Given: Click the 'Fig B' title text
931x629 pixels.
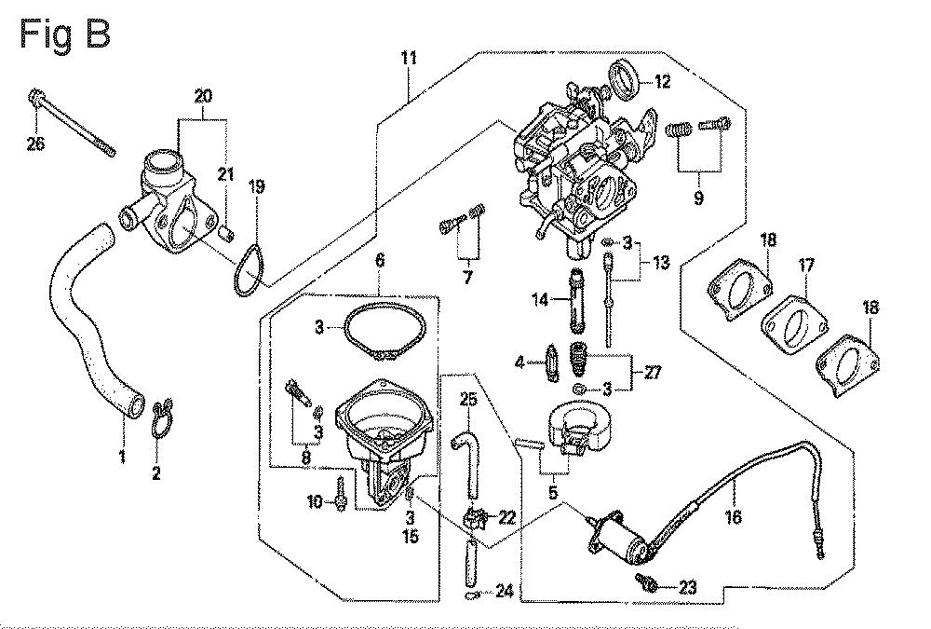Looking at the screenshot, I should point(65,34).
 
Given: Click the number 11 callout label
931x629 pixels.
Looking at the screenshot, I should point(409,60).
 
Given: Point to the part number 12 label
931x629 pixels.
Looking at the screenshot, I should point(662,82).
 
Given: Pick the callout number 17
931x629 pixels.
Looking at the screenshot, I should point(805,267).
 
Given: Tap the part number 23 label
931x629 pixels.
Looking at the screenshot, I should point(688,587).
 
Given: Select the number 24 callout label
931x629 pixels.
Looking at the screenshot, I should point(504,590).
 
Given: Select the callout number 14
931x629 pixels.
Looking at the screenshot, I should point(539,299).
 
